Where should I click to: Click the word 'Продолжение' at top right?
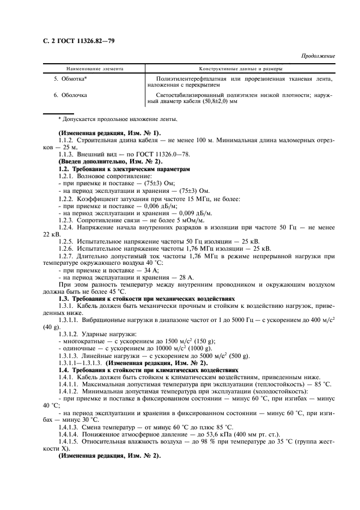click(x=318, y=56)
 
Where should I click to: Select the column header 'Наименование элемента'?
click(x=95, y=69)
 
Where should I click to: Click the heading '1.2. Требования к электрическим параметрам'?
click(x=124, y=169)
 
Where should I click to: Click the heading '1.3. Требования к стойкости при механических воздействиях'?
click(x=147, y=299)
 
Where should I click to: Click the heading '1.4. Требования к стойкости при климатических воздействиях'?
click(x=147, y=370)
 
